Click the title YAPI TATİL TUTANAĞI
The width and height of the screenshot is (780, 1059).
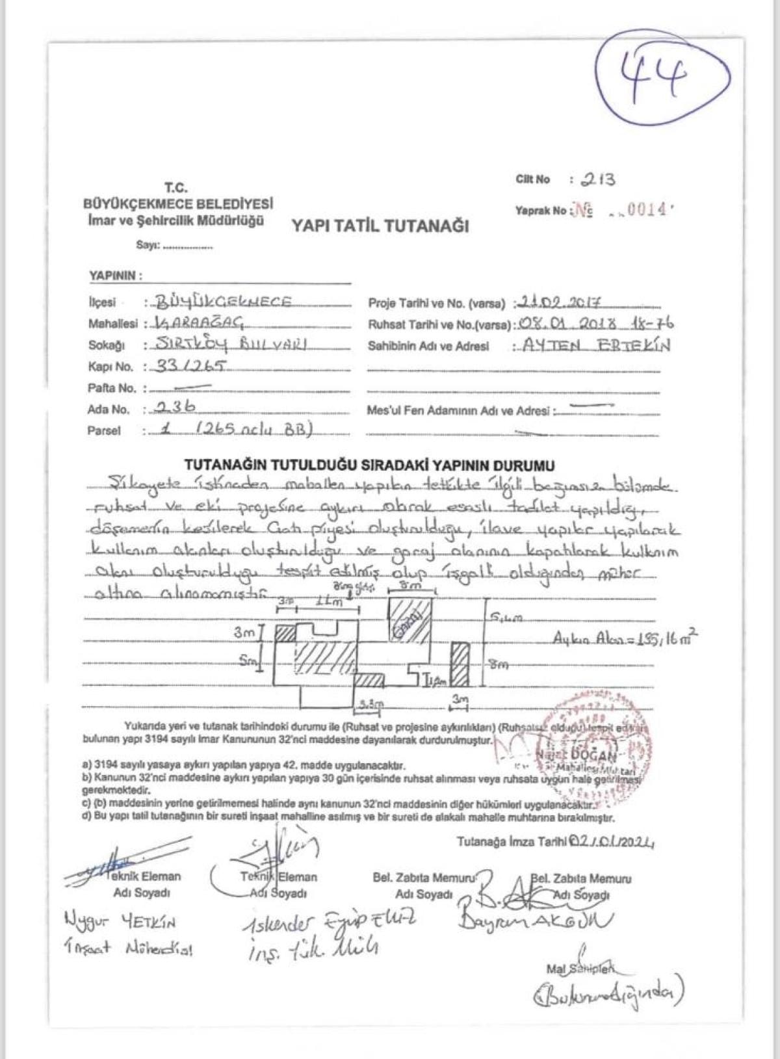[380, 226]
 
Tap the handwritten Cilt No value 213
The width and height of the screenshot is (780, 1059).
[598, 179]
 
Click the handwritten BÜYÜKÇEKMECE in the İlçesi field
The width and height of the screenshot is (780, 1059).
[224, 302]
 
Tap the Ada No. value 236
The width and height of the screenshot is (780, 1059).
[174, 408]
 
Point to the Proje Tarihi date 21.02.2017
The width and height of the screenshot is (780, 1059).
[560, 303]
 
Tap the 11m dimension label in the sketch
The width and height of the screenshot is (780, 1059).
[328, 602]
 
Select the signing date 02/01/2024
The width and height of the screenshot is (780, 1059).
[612, 842]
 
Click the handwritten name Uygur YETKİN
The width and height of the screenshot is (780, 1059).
[120, 921]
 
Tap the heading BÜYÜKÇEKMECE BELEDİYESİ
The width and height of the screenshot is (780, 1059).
[178, 203]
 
